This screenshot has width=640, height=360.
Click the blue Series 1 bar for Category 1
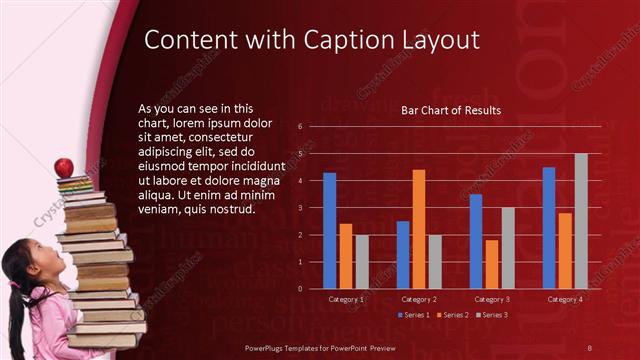pyautogui.click(x=329, y=230)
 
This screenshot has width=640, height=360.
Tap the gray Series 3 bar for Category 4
pyautogui.click(x=580, y=221)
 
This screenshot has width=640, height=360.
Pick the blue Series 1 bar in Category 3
pyautogui.click(x=476, y=241)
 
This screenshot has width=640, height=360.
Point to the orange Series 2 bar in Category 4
pyautogui.click(x=565, y=250)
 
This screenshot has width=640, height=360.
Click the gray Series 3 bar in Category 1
pyautogui.click(x=361, y=262)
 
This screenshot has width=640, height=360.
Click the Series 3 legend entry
pyautogui.click(x=492, y=315)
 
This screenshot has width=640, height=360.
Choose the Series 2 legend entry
pyautogui.click(x=453, y=315)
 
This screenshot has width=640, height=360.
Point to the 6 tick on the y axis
pyautogui.click(x=300, y=127)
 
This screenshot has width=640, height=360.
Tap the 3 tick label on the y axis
pyautogui.click(x=300, y=208)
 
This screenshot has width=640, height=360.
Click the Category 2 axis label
pyautogui.click(x=418, y=299)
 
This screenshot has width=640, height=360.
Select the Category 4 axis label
pyautogui.click(x=565, y=299)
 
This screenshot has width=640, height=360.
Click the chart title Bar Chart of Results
pyautogui.click(x=451, y=110)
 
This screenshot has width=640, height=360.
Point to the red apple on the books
pyautogui.click(x=64, y=167)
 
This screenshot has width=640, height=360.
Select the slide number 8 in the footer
pyautogui.click(x=589, y=346)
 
